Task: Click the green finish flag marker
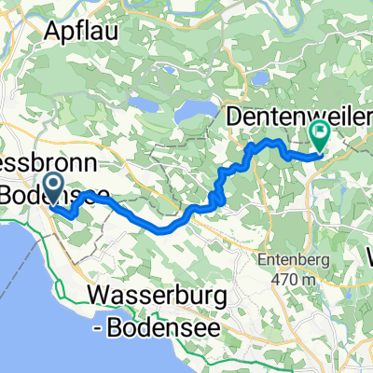(x=320, y=134)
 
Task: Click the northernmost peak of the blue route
(x=273, y=140)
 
